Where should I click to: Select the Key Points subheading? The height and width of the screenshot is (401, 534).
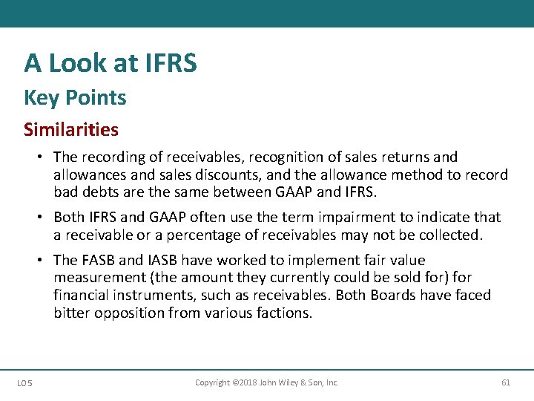75,97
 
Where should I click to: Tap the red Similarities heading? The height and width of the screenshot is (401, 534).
70,130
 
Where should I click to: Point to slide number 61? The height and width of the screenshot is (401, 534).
506,382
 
